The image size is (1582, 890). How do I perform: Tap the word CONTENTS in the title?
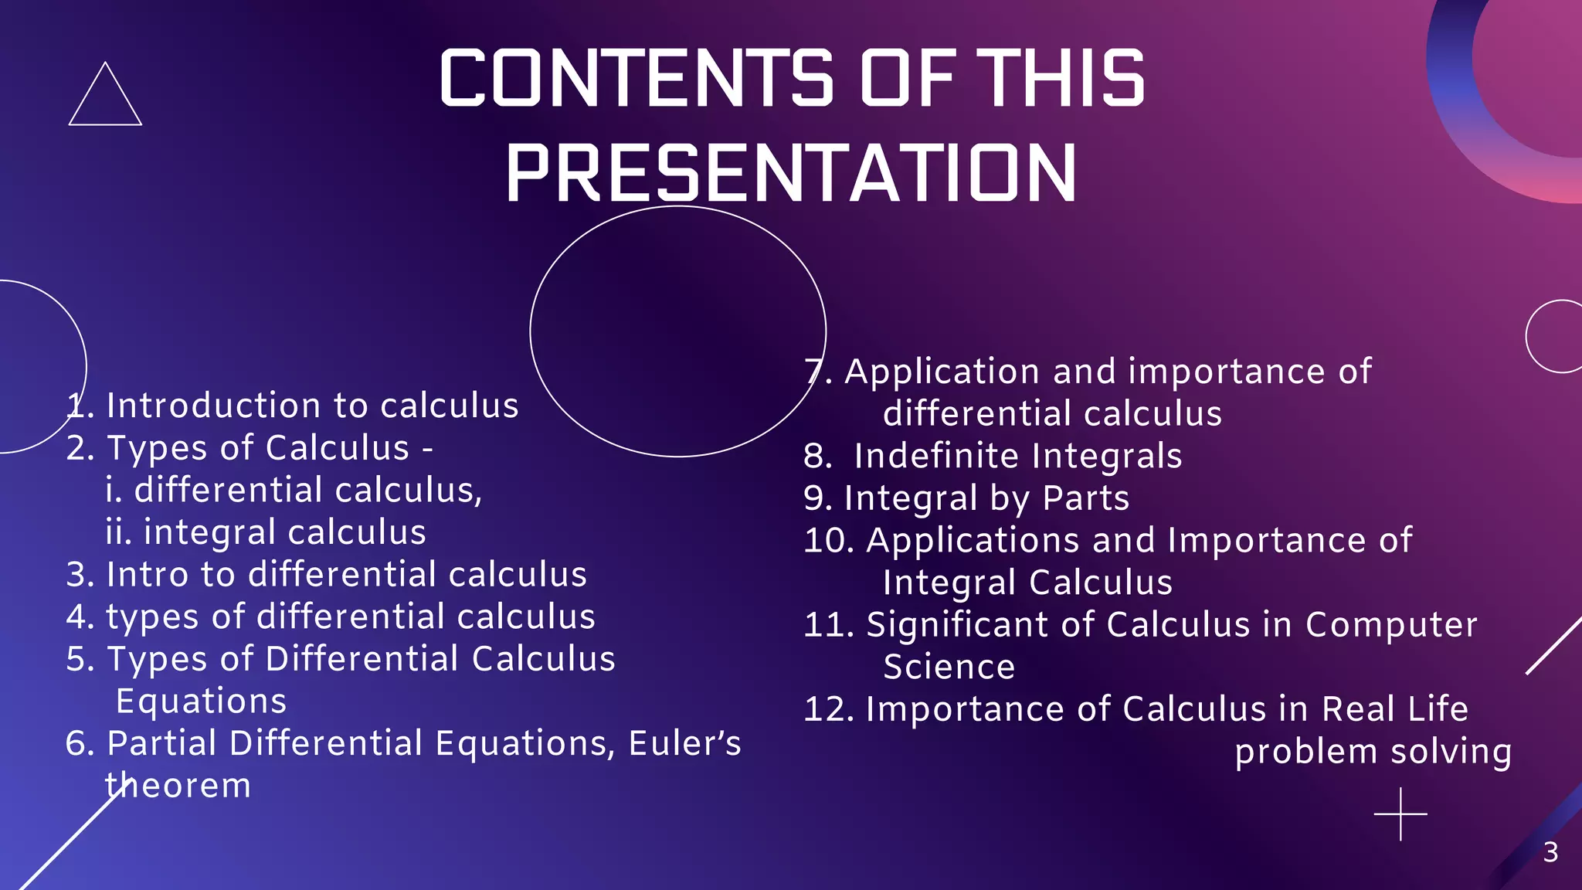pos(636,78)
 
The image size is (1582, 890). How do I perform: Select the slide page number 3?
pos(1550,853)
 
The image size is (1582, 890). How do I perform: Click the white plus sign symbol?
pos(1400,814)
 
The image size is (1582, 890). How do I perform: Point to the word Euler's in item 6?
pos(684,744)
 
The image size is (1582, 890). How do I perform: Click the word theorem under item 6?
pos(178,786)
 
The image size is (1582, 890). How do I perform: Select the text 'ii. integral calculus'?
pos(266,533)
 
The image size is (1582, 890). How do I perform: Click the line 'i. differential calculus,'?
pos(294,491)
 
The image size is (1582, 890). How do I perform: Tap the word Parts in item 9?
pos(1085,498)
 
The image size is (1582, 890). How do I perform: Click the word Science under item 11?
pos(949,667)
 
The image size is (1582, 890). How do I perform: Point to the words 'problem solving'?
pos(1373,752)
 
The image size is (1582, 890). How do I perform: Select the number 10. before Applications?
pos(829,541)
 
